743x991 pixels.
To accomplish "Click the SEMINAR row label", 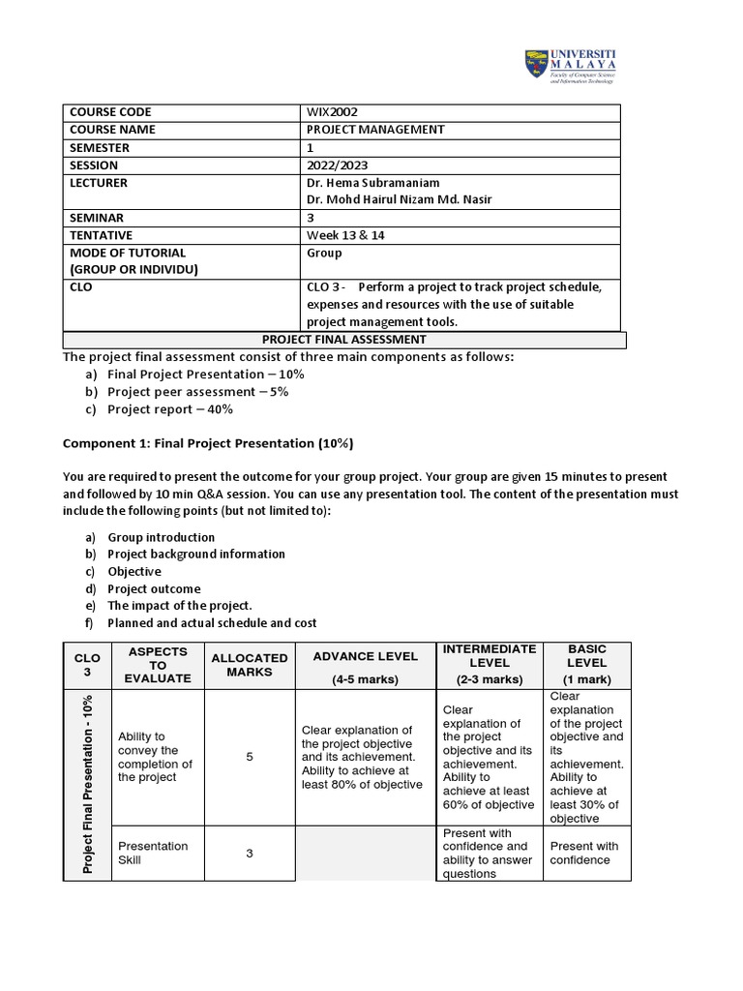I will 97,218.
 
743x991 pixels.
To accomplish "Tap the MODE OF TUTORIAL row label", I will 127,253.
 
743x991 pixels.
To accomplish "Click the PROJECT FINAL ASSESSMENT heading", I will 344,340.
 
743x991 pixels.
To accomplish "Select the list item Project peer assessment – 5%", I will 197,392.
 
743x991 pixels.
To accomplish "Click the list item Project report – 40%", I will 170,409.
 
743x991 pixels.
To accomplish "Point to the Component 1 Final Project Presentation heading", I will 208,443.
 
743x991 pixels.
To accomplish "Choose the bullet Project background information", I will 196,554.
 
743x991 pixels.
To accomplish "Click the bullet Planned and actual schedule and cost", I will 212,623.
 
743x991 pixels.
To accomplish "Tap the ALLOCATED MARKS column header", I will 249,664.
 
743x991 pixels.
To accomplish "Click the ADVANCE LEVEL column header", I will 365,656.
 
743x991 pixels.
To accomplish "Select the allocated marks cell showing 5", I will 249,757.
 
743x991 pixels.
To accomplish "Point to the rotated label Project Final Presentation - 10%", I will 88,784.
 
